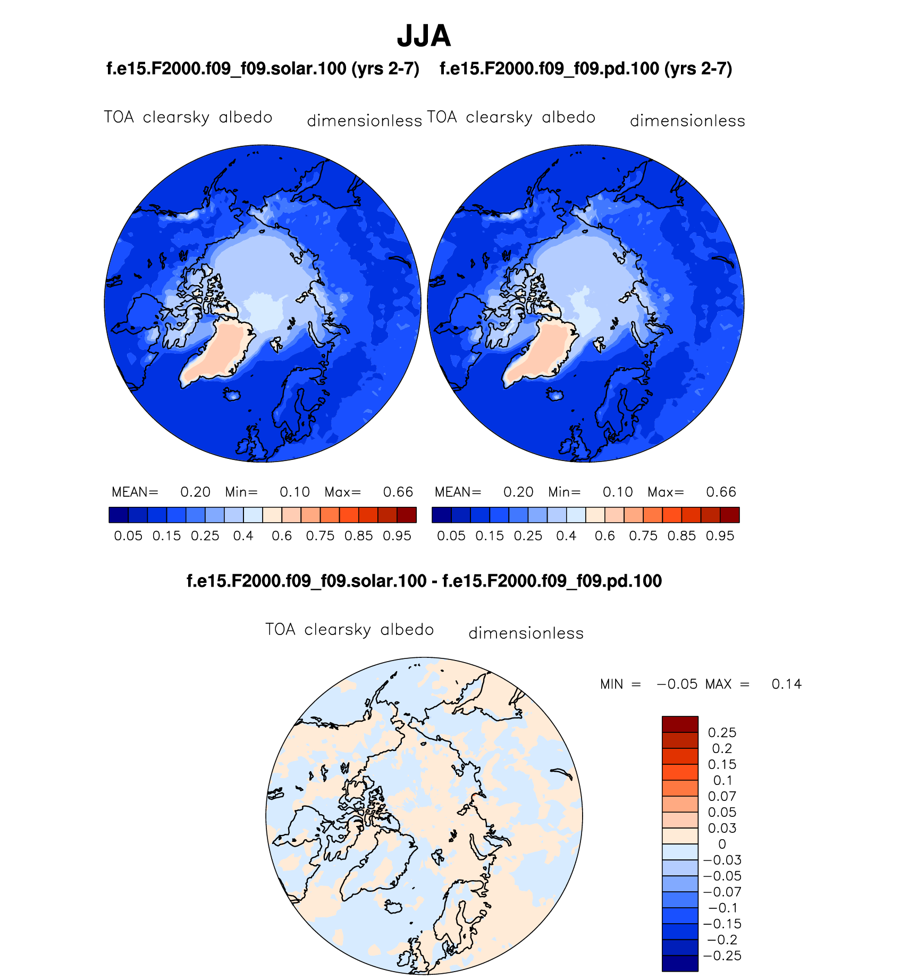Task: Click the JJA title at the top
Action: [424, 36]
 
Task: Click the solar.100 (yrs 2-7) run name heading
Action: [263, 69]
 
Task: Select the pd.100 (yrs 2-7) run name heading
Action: [586, 69]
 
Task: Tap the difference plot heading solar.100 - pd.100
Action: [424, 581]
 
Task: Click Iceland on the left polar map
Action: [233, 395]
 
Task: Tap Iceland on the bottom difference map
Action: [394, 906]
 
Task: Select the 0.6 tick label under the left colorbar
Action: [282, 536]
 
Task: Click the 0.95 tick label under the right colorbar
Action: [720, 536]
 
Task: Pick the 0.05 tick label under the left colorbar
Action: [128, 536]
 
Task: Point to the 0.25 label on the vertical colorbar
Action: [722, 732]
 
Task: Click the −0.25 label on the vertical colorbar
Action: [722, 956]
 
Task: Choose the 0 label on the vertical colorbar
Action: [722, 844]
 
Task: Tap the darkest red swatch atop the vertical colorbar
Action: [680, 724]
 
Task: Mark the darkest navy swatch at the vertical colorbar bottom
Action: [680, 963]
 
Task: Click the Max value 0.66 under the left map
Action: [398, 492]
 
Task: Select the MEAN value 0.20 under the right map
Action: [518, 492]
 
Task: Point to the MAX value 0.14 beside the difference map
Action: [786, 684]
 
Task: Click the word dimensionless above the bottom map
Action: [526, 633]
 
